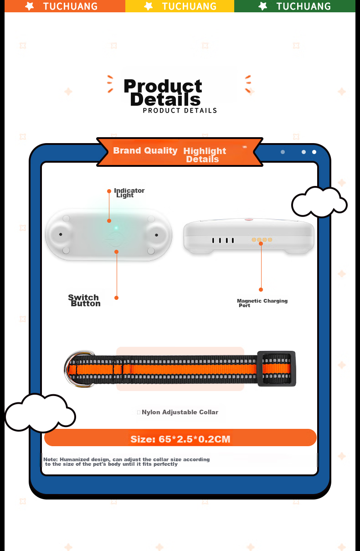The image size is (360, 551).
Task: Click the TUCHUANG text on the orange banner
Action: coord(70,6)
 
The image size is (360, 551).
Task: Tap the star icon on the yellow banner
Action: coord(148,6)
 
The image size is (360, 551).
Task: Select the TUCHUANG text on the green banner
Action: coord(303,6)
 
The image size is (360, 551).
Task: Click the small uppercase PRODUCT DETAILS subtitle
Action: coord(180,110)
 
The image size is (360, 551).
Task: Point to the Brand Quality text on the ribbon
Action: coord(145,150)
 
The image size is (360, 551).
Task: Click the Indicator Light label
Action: coord(129,193)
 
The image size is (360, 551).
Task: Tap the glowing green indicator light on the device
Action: coord(116,228)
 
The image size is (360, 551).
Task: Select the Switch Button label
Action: coord(84,300)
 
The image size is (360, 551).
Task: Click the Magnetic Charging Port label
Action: coord(262,303)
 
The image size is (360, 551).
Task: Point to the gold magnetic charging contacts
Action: coord(262,240)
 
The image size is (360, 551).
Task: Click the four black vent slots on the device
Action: coord(223,240)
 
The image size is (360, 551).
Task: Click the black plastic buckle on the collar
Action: coord(277,369)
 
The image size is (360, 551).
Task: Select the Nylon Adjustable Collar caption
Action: coord(180,412)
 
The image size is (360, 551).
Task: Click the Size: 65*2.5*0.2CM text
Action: coord(180,439)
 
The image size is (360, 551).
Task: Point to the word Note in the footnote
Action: coord(50,459)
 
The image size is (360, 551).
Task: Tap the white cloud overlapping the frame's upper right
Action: coord(319,202)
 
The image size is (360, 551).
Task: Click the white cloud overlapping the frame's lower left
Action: coord(40,413)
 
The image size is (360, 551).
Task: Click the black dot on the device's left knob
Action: coord(61,234)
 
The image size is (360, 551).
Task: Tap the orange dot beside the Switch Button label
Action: coord(117,298)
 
